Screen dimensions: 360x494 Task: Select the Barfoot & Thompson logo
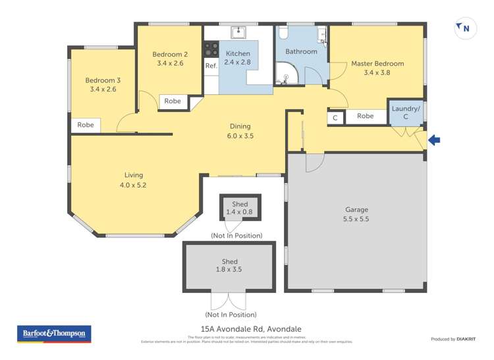coord(53,334)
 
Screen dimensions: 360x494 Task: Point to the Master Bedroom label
coord(377,64)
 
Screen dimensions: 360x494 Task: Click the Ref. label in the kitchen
coord(211,66)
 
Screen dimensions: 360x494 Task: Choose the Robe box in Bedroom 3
coord(86,125)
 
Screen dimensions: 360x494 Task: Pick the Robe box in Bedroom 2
coord(173,101)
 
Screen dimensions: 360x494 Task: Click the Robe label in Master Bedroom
coord(365,116)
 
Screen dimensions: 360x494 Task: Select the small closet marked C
coord(335,117)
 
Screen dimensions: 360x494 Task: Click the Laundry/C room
coord(405,113)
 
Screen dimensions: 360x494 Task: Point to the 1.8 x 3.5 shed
coord(230,266)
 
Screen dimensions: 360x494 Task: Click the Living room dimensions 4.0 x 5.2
coord(134,185)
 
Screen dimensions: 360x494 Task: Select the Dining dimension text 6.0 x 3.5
coord(240,136)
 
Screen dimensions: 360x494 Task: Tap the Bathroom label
coord(301,51)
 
